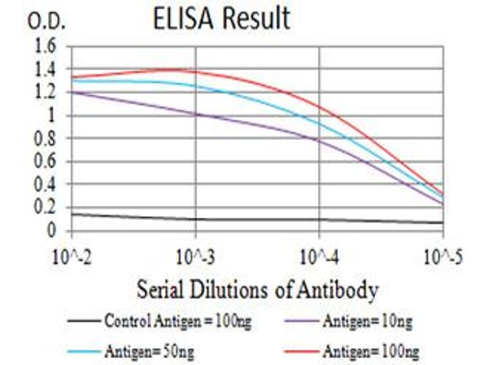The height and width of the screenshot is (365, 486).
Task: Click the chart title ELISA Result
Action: pyautogui.click(x=221, y=19)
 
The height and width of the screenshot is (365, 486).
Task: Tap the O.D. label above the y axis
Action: pyautogui.click(x=47, y=23)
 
